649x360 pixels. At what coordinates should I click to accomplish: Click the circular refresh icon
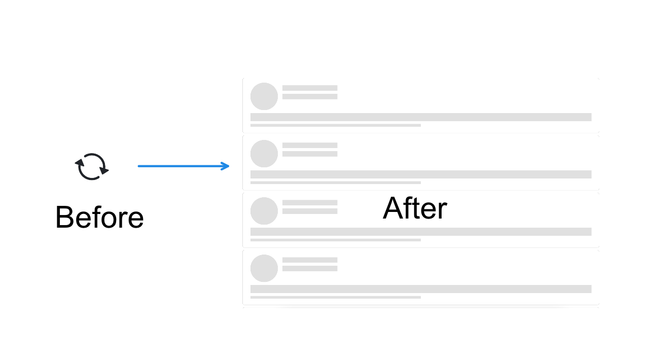click(92, 167)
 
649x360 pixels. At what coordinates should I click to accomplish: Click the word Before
click(99, 218)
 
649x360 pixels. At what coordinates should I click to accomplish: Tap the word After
click(415, 208)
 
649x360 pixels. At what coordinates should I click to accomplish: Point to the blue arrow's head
click(226, 166)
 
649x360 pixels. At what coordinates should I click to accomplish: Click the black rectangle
click(529, 333)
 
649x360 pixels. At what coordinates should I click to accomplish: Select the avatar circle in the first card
click(264, 96)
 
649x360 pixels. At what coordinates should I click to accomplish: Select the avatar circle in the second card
click(264, 154)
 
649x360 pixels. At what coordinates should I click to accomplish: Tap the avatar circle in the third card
click(264, 211)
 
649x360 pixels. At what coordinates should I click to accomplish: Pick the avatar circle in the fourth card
click(264, 268)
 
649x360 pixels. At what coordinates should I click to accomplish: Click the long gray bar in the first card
click(421, 117)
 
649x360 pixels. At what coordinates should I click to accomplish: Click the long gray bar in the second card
click(421, 174)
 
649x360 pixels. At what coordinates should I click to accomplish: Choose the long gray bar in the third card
click(421, 232)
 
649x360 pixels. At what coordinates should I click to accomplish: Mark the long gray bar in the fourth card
click(421, 289)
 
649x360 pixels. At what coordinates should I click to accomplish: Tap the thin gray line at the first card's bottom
click(336, 125)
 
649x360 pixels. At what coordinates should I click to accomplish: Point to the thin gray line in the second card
click(336, 183)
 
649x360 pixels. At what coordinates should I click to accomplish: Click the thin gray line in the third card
click(336, 240)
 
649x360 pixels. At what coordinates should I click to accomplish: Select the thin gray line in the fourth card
click(336, 297)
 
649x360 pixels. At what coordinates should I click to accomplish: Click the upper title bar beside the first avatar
click(310, 88)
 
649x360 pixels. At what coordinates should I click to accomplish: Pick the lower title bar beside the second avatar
click(310, 154)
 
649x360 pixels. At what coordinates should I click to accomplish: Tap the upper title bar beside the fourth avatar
click(310, 260)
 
